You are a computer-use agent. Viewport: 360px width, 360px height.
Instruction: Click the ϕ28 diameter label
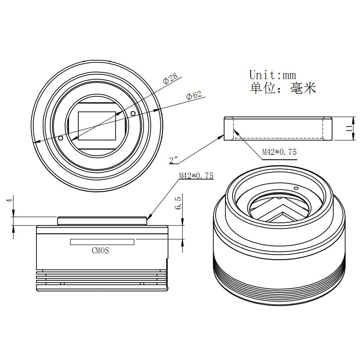coord(170,78)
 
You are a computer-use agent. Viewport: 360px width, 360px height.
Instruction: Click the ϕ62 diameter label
coord(194,95)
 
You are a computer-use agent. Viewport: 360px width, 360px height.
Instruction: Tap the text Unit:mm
coord(273,75)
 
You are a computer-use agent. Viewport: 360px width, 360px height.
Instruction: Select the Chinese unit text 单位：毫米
coord(283,88)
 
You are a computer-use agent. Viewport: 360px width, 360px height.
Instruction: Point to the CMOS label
coord(100,250)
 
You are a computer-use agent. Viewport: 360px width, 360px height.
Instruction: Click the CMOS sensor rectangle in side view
coord(102,242)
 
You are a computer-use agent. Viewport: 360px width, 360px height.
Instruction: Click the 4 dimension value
coord(9,200)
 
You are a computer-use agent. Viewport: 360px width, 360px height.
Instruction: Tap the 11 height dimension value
coord(349,128)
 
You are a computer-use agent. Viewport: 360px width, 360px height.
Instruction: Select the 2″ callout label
coord(174,160)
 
